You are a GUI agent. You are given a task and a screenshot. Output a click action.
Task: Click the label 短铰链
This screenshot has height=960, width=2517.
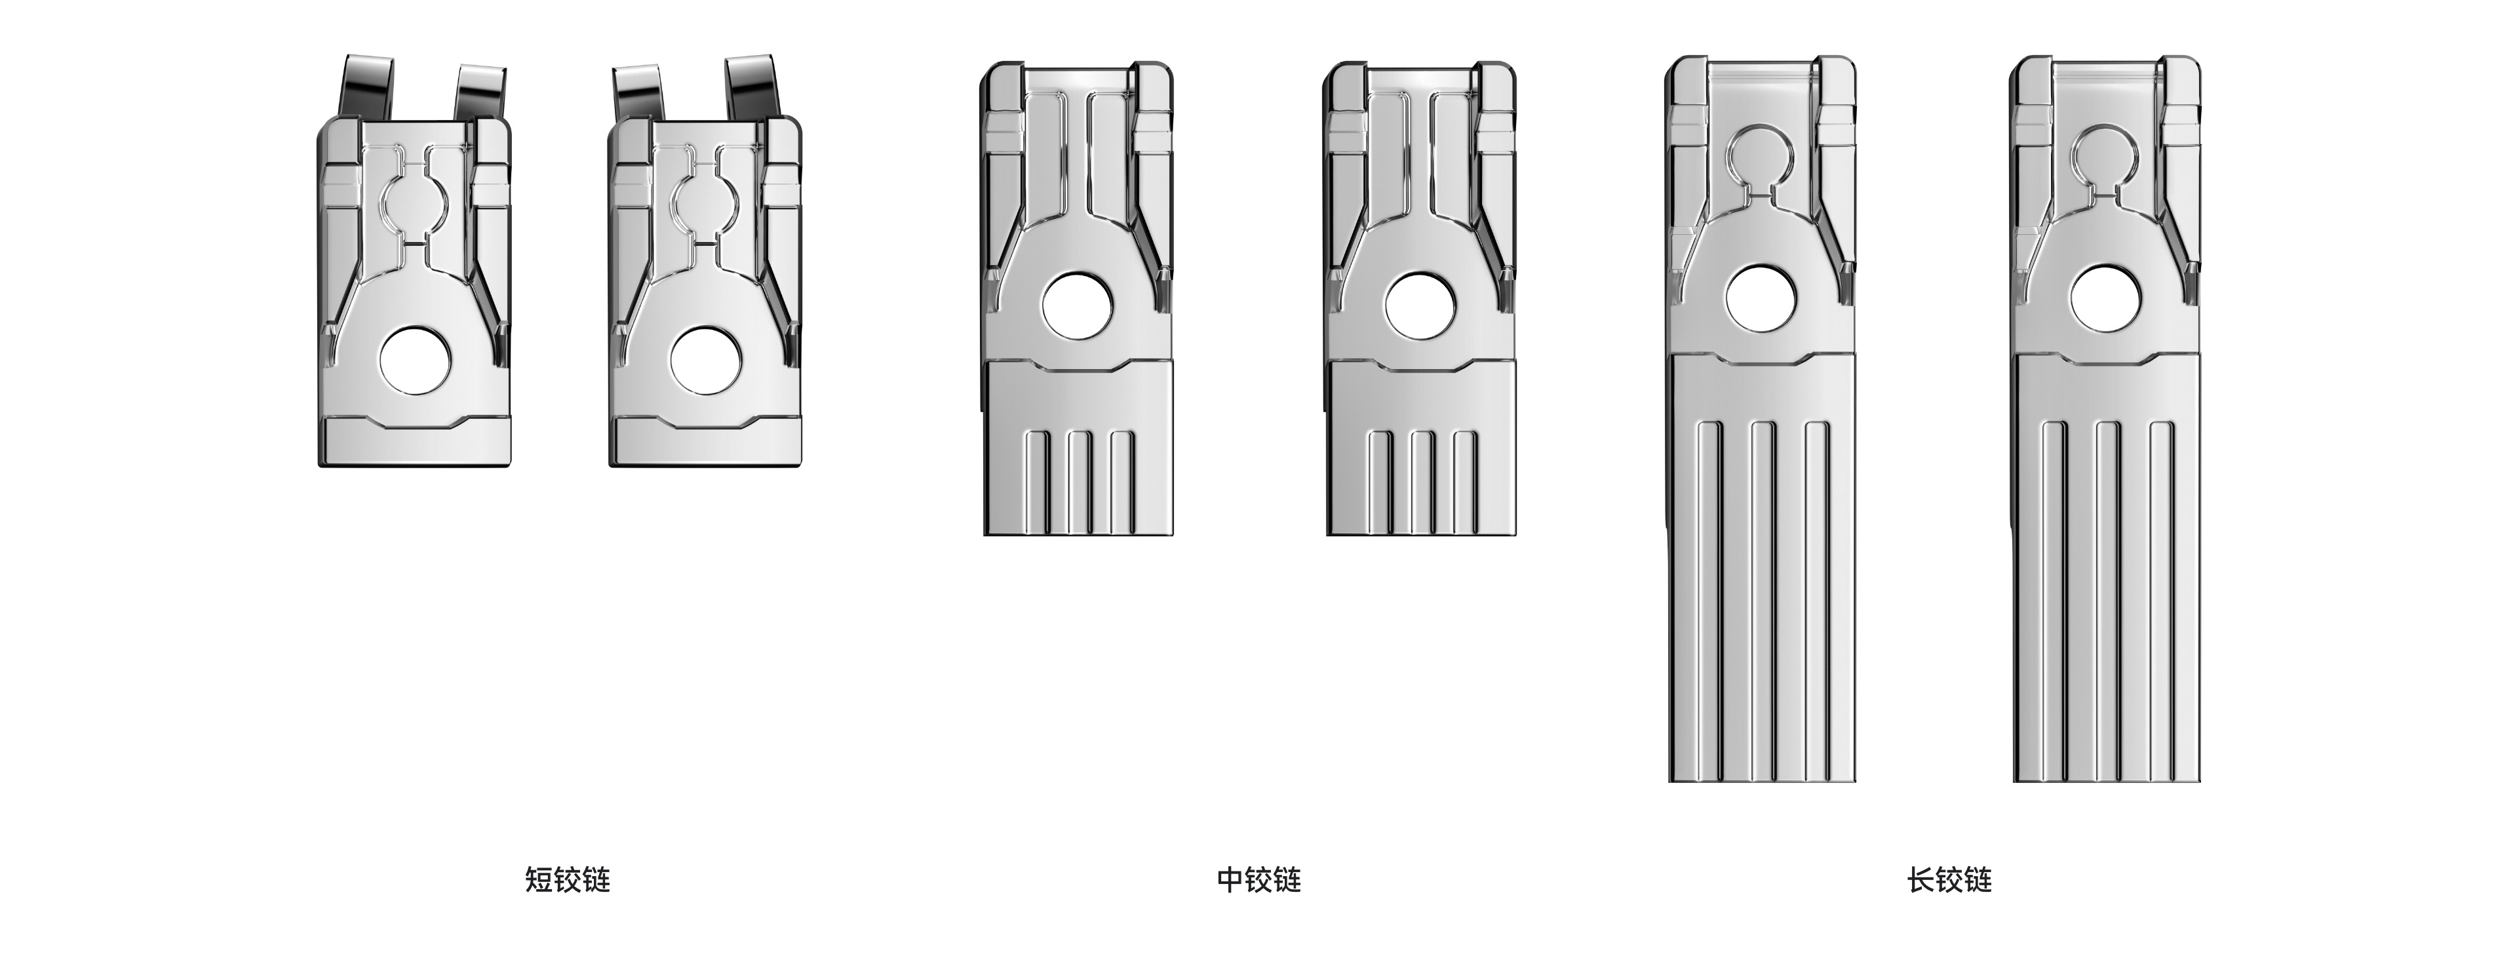tap(567, 880)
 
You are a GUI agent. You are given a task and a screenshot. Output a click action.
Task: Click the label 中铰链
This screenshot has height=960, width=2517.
tap(1258, 880)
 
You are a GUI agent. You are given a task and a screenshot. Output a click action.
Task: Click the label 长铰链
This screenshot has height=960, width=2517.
tap(1949, 880)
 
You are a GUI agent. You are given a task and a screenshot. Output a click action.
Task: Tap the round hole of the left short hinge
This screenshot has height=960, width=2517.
tap(416, 360)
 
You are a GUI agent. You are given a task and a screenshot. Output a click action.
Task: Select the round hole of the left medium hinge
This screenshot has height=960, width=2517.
tap(1078, 307)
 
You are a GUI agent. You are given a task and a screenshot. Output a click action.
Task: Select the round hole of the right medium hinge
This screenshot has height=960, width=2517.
tap(1420, 307)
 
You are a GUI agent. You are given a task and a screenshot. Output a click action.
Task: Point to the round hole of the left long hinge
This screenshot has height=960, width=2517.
tap(1762, 299)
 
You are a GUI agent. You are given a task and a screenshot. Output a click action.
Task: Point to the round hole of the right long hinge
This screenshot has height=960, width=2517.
tap(2105, 299)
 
